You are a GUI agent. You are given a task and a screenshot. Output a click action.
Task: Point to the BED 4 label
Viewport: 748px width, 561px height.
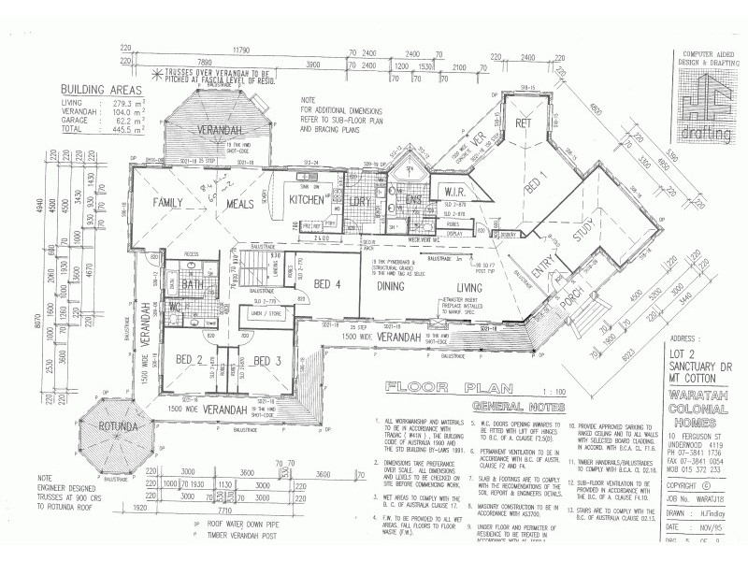[x=329, y=283]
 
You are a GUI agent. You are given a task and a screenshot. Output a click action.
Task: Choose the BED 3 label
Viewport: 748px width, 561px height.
[x=267, y=361]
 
